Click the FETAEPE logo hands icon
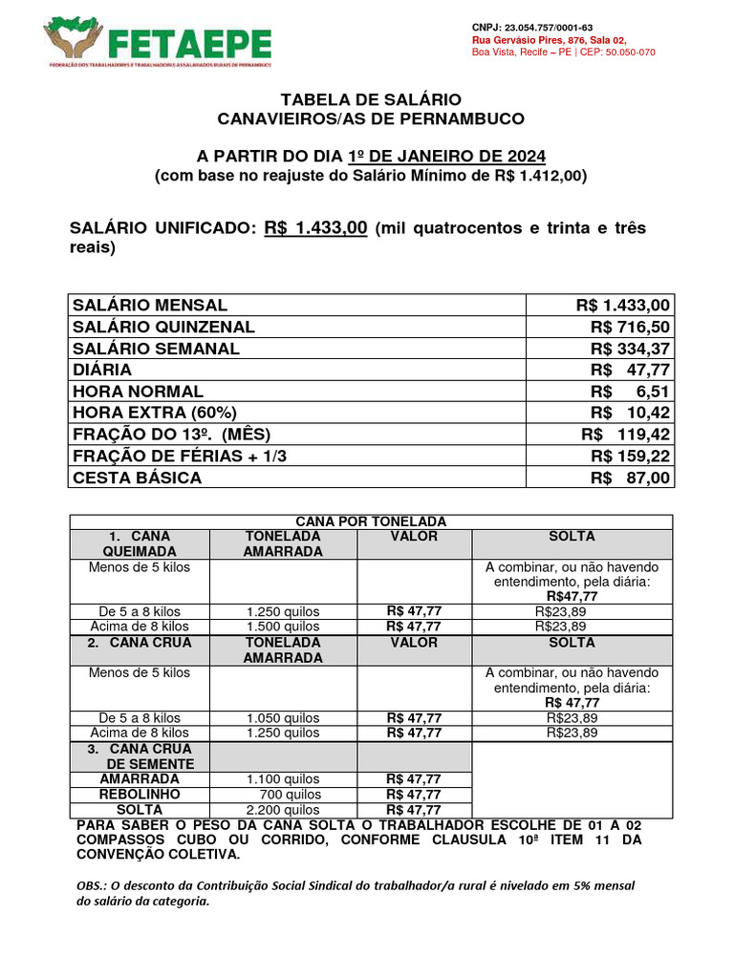click(x=74, y=40)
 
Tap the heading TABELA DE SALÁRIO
click(x=371, y=99)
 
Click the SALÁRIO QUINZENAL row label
click(x=163, y=327)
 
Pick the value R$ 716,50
click(x=631, y=327)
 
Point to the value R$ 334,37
click(x=631, y=349)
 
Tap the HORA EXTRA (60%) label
click(x=154, y=413)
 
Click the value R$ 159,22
click(x=631, y=456)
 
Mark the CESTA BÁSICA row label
click(x=137, y=478)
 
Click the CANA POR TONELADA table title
click(x=371, y=521)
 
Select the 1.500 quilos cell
click(x=283, y=627)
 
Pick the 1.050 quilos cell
click(x=283, y=718)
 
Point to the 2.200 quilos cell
click(x=283, y=810)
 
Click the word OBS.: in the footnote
click(x=92, y=885)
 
